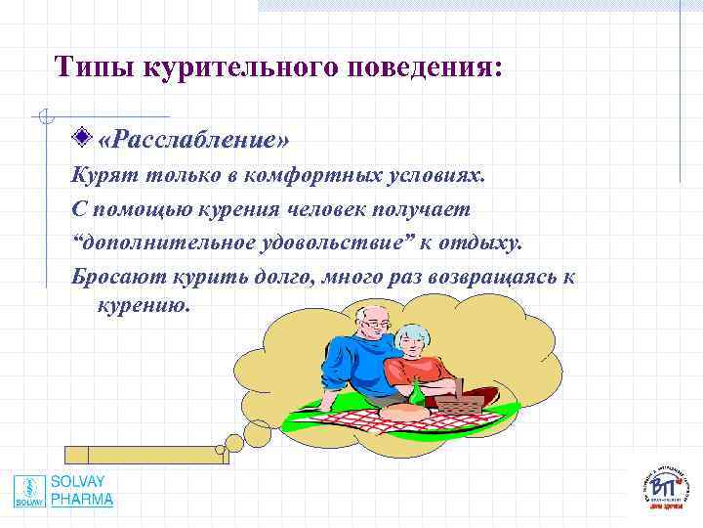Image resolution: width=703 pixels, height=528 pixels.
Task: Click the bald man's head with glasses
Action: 375,320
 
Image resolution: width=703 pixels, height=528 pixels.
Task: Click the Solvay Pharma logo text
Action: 82,491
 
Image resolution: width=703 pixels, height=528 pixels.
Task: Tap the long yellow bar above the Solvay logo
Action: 146,454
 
